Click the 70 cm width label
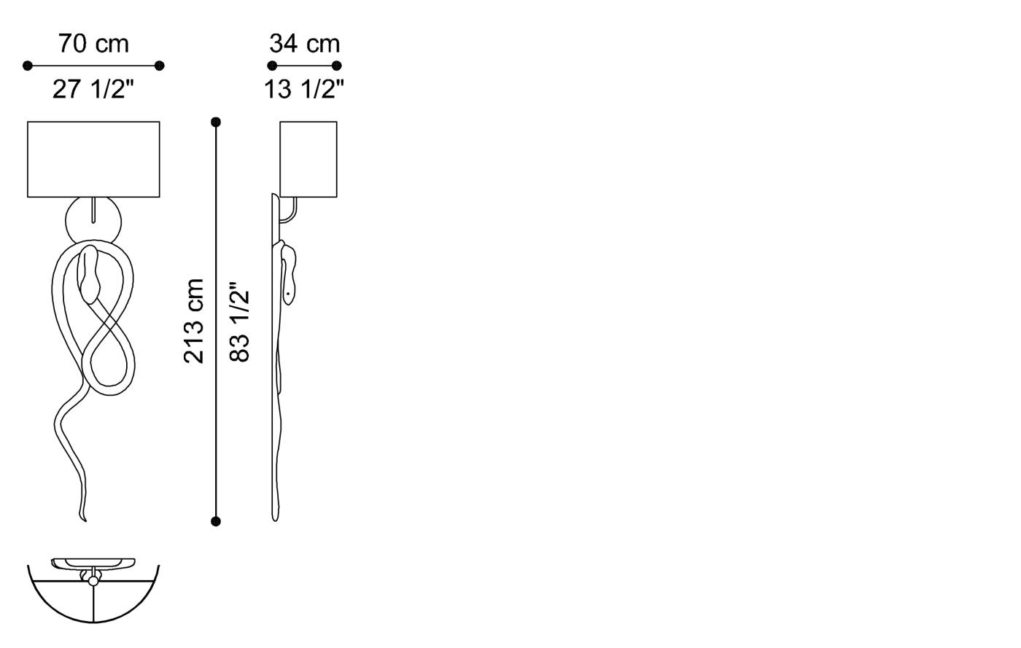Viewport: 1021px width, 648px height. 93,44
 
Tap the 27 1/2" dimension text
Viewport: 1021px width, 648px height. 93,90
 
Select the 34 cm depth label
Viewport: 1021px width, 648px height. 304,44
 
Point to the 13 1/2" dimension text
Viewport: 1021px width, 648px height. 304,90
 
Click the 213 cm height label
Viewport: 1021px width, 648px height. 194,321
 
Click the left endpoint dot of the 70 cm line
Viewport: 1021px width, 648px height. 28,66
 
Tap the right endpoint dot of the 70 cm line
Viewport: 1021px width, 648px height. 160,66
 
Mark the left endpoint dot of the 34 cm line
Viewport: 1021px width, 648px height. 272,66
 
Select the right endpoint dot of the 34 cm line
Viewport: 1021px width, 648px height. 337,66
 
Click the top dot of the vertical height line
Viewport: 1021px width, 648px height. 216,122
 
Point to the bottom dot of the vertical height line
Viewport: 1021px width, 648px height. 216,521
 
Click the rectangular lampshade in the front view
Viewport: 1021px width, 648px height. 93,159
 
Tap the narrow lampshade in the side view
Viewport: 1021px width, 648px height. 308,159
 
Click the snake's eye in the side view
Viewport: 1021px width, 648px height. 289,293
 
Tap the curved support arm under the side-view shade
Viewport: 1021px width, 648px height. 292,211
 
